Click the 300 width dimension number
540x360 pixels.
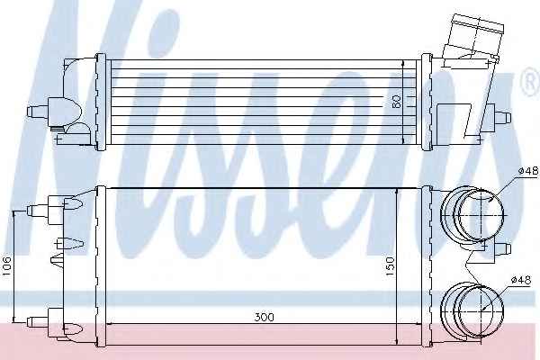pyautogui.click(x=265, y=317)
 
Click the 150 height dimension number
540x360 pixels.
pyautogui.click(x=391, y=265)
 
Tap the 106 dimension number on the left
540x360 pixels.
pyautogui.click(x=7, y=266)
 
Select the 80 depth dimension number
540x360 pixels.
pyautogui.click(x=397, y=102)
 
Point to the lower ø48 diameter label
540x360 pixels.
pyautogui.click(x=521, y=280)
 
